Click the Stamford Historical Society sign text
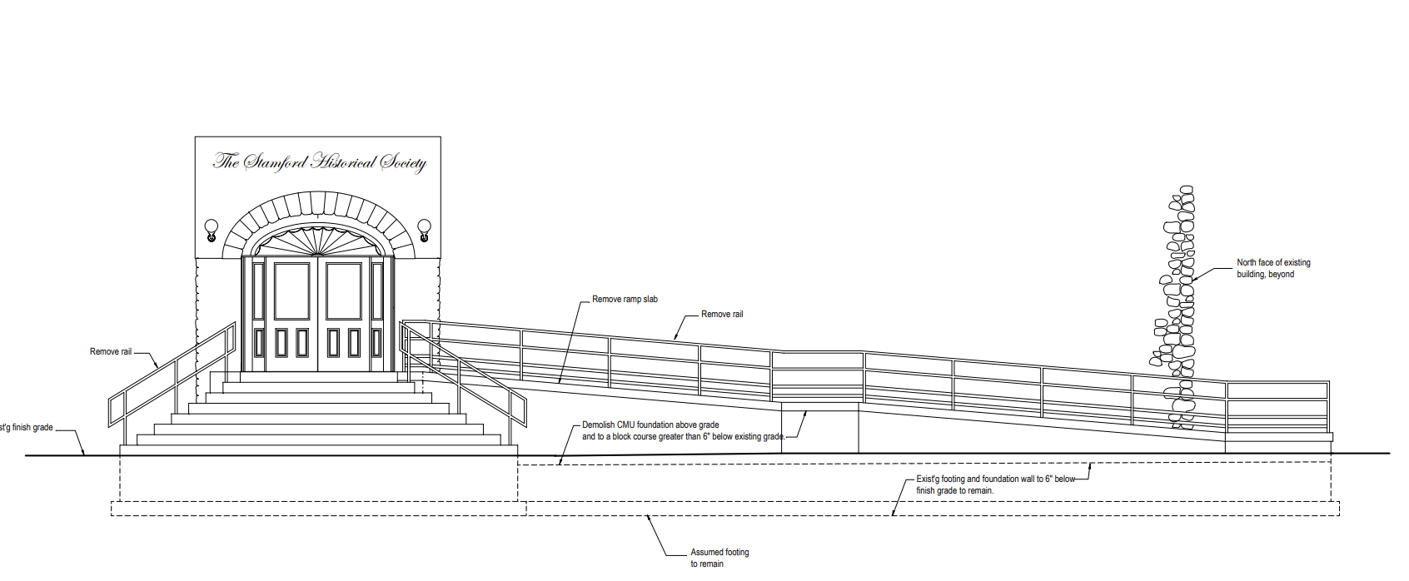click(319, 161)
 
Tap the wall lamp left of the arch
click(212, 227)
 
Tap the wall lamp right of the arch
click(424, 227)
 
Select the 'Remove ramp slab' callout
click(625, 300)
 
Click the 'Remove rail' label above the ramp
click(721, 315)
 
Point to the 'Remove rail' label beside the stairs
click(111, 352)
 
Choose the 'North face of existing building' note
click(1272, 268)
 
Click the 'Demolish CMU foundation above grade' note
click(650, 425)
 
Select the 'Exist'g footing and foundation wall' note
click(995, 484)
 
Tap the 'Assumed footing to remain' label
click(719, 558)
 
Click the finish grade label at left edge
click(27, 428)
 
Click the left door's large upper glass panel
click(291, 291)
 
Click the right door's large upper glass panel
click(344, 291)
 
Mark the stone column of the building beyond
click(1179, 308)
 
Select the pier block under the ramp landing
click(819, 428)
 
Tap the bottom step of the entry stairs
click(319, 449)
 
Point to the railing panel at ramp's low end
click(1277, 407)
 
